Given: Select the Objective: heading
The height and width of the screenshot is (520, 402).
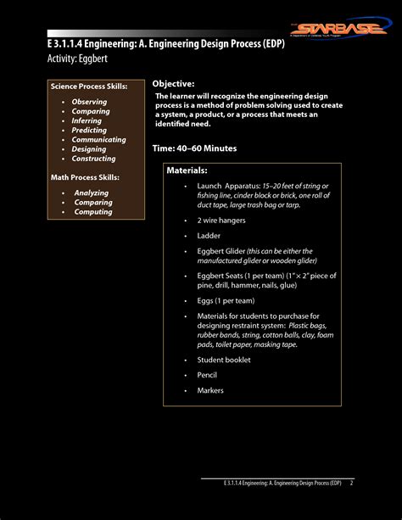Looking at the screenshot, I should tap(173, 84).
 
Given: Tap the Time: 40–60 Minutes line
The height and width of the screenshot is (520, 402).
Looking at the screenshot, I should tap(194, 148).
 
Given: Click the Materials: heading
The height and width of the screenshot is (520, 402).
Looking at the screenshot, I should tap(187, 171).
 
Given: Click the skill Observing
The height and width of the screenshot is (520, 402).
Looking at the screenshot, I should tap(90, 102).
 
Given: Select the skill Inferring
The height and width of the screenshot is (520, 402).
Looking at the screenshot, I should tap(88, 121).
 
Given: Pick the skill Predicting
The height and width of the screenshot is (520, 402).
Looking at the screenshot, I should tap(90, 131).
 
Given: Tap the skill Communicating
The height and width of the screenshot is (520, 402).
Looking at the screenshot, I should tap(99, 140).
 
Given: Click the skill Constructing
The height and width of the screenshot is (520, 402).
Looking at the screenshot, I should tap(94, 159).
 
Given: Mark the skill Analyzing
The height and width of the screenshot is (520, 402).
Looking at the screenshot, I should tap(92, 193).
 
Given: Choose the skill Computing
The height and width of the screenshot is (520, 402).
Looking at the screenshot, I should tap(93, 212).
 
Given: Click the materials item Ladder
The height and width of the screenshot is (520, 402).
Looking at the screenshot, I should tap(209, 236).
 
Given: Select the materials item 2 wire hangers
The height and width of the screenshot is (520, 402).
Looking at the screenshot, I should tap(222, 220).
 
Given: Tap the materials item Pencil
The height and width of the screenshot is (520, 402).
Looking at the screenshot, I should tap(208, 375).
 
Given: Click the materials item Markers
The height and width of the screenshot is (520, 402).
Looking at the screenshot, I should tap(210, 390).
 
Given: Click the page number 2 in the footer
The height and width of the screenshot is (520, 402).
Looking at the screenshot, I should tap(351, 483).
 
